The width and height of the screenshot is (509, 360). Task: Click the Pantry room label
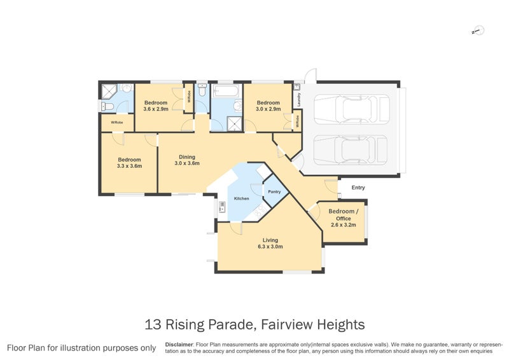click(x=274, y=191)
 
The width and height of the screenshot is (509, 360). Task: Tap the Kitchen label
click(x=242, y=199)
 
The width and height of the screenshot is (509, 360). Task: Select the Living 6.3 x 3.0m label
click(x=270, y=244)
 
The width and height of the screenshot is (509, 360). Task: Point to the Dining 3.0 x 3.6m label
click(x=187, y=160)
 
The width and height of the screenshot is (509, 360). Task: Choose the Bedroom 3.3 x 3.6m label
click(x=129, y=163)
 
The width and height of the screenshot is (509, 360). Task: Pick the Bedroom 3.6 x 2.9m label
click(x=155, y=106)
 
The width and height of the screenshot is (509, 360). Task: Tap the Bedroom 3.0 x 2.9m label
click(x=268, y=106)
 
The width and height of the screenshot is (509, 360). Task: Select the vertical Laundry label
click(x=297, y=100)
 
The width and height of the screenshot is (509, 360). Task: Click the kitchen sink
click(x=222, y=206)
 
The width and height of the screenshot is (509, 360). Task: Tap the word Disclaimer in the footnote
click(x=179, y=344)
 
